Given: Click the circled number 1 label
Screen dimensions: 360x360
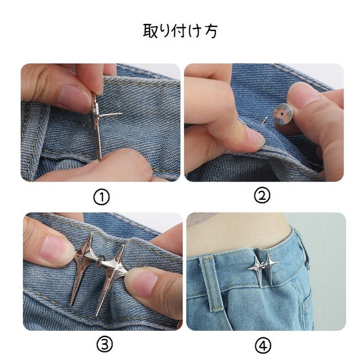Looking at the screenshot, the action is click(102, 197).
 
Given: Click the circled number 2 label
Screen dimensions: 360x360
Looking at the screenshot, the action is click(262, 196).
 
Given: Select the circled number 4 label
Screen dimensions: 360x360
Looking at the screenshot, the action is click(263, 345).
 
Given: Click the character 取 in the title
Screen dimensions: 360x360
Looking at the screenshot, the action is click(150, 31).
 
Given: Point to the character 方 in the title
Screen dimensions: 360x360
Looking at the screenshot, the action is click(211, 31).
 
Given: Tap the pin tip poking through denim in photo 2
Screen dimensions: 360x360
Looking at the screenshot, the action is click(265, 120).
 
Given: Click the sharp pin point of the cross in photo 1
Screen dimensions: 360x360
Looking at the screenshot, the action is click(122, 113).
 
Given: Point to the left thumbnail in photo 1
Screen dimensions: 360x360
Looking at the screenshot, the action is click(71, 96).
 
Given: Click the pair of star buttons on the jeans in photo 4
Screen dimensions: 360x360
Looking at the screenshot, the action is click(264, 270).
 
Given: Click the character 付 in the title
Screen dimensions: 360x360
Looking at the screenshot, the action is click(180, 31).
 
